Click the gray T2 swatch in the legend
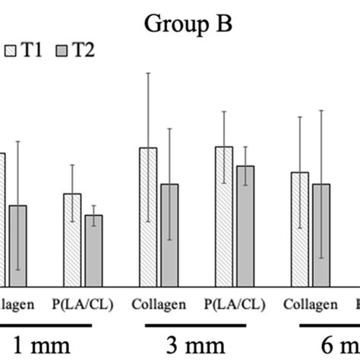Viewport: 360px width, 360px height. (63, 50)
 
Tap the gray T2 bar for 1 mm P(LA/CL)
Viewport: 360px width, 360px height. (93, 250)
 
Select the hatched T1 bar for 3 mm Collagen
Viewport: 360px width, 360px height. (148, 216)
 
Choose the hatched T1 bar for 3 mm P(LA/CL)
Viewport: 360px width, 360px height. (223, 216)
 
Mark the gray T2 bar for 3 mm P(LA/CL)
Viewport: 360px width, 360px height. (245, 226)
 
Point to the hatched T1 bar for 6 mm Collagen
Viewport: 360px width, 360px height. (300, 229)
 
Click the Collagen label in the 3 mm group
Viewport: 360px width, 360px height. (159, 305)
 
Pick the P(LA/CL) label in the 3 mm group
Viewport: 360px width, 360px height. (234, 305)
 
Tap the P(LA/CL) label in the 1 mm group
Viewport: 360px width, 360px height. (82, 305)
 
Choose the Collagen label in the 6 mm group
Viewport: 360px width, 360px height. (311, 305)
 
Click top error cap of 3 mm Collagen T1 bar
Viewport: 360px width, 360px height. (148, 73)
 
